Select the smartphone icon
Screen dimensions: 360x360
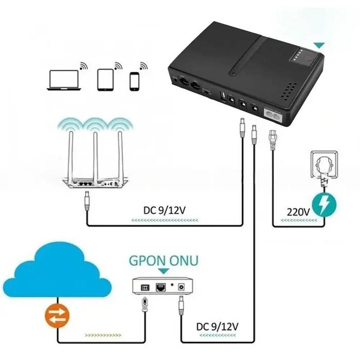pos(135,81)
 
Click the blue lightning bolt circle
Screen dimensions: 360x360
pos(325,205)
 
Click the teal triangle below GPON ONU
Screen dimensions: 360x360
pos(163,271)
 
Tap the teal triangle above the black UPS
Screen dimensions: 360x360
pos(322,45)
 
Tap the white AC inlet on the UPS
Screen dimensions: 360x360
pos(273,112)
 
